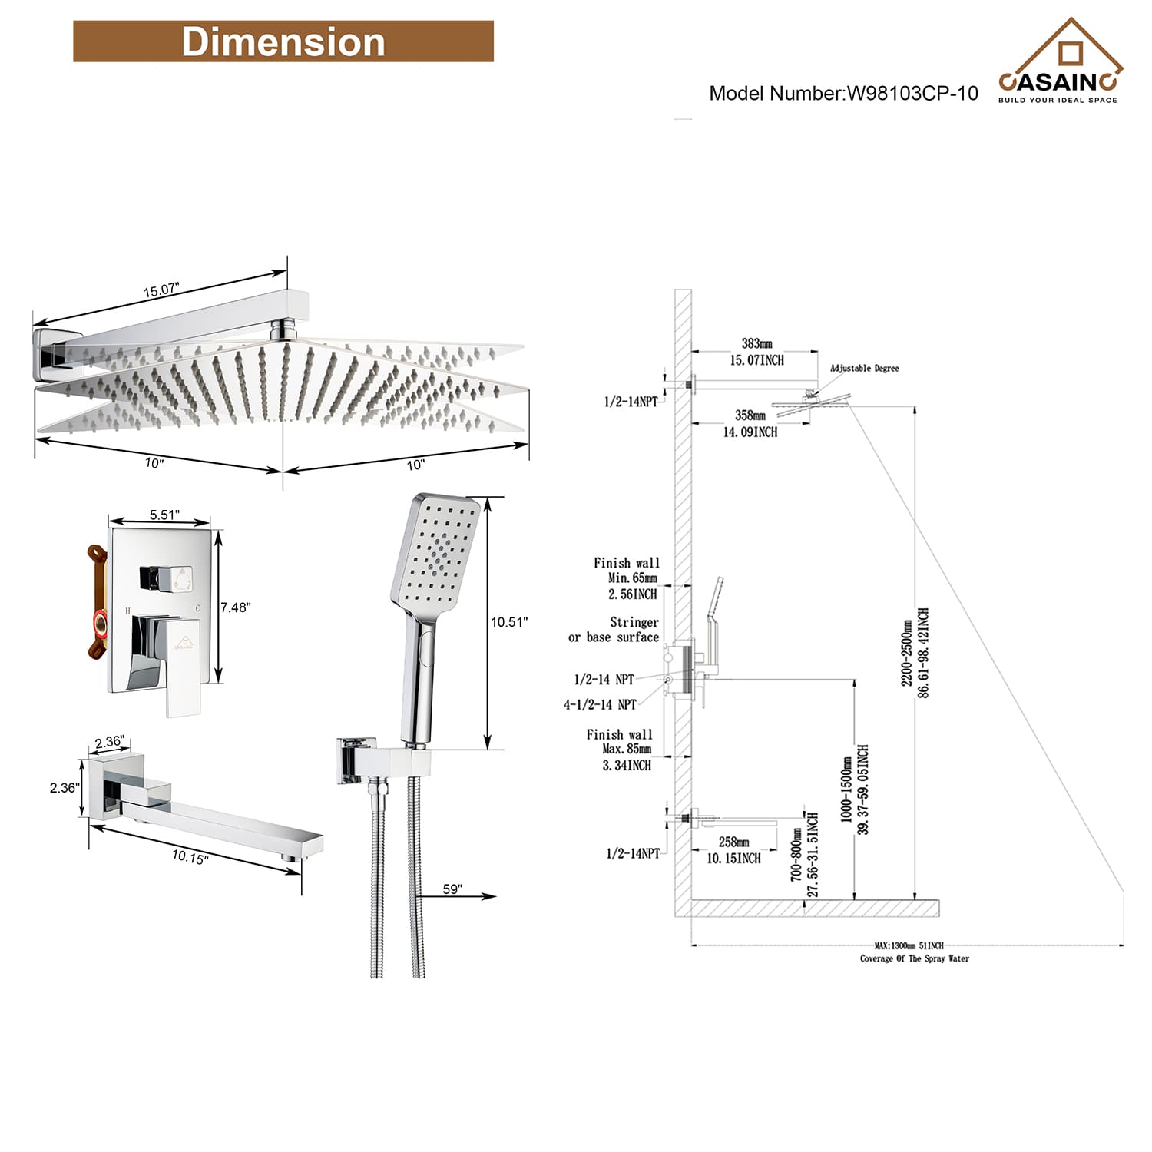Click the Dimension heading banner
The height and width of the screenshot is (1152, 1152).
point(283,41)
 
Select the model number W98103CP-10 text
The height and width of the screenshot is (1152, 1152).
point(843,94)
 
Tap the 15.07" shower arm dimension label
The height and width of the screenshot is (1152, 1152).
point(161,290)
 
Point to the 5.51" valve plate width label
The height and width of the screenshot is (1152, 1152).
point(164,515)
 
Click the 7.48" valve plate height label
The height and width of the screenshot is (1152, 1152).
point(236,607)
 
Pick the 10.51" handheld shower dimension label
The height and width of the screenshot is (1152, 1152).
point(509,622)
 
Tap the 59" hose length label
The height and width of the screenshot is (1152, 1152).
point(452,889)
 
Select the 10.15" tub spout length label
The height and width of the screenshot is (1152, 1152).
point(190,857)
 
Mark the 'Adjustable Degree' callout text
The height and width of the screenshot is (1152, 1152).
point(864,369)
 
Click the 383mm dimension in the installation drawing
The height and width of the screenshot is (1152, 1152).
point(756,344)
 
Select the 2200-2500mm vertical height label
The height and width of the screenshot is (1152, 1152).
point(908,653)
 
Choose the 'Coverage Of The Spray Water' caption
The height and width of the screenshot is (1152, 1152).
point(914,958)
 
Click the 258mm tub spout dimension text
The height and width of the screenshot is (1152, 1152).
point(733,842)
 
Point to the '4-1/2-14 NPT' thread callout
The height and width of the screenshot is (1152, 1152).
point(600,704)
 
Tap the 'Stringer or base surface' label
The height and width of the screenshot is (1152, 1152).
point(614,630)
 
